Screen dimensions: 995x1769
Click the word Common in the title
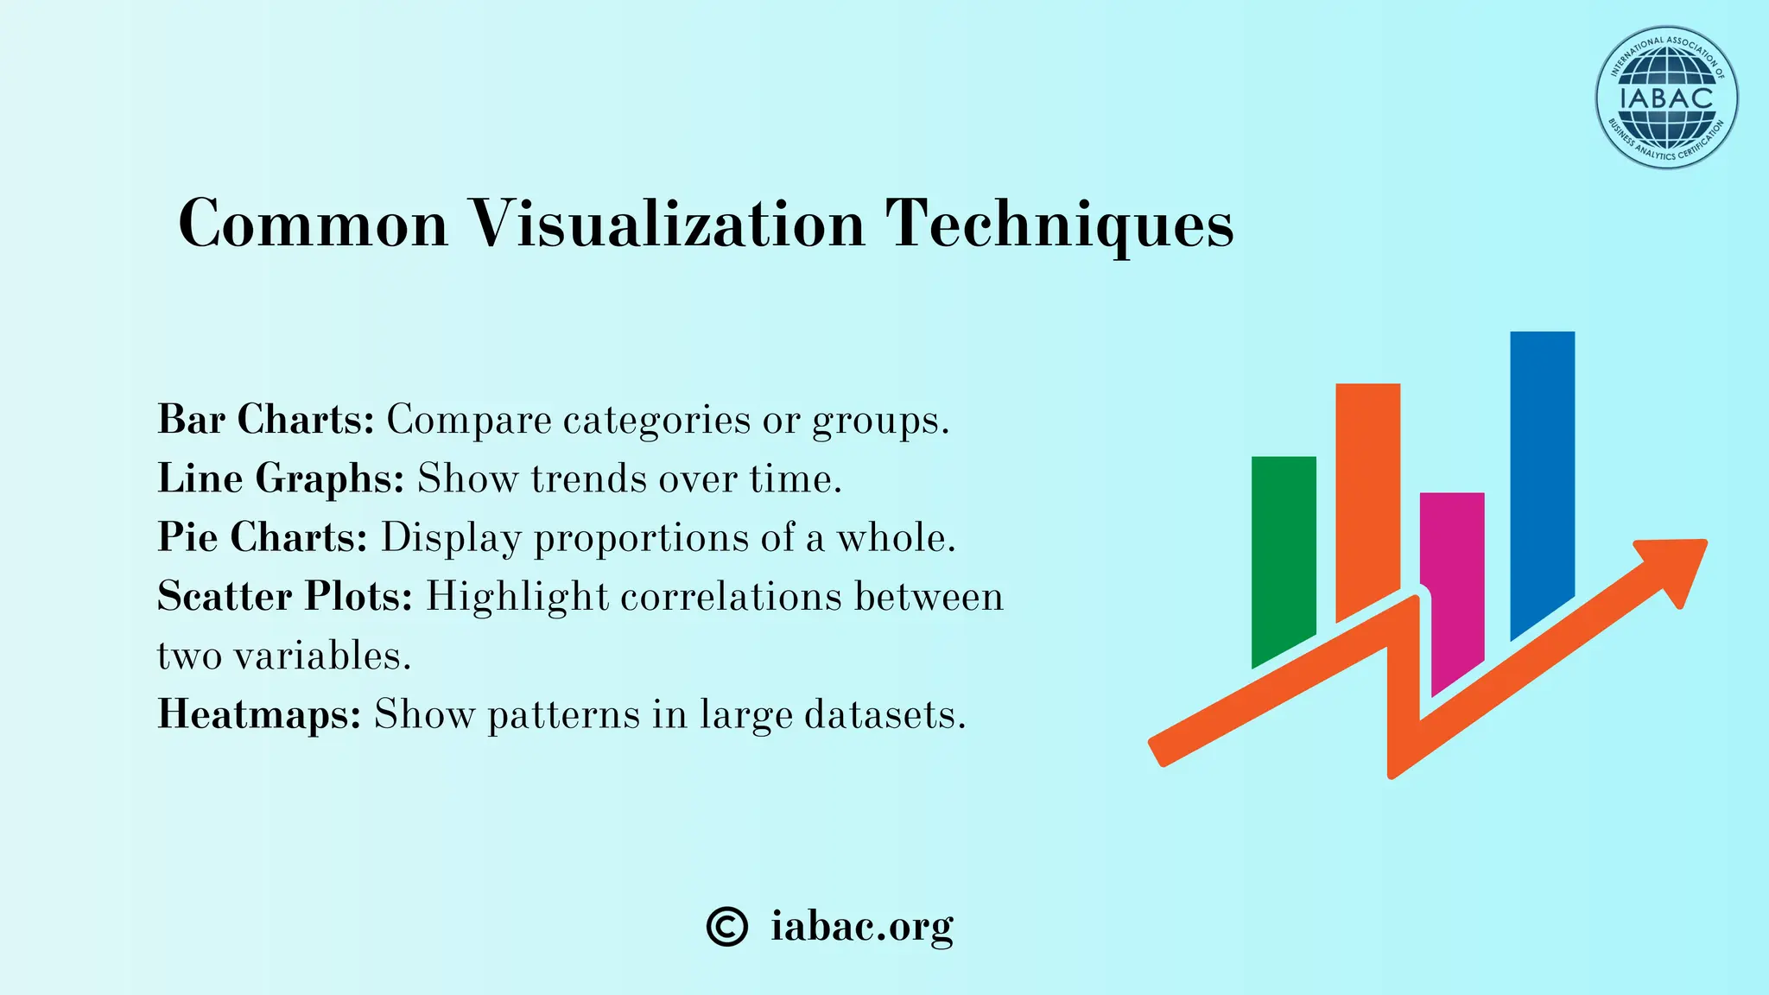tap(313, 224)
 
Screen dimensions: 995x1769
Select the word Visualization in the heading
tap(667, 224)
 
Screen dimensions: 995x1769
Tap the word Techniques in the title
tap(1060, 224)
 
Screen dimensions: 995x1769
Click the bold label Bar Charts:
tap(265, 420)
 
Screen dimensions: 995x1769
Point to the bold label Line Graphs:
tap(281, 478)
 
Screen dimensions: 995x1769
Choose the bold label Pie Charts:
tap(263, 537)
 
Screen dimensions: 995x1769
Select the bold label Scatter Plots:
tap(285, 596)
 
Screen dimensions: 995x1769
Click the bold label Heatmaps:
tap(259, 714)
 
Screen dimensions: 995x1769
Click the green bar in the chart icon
tap(1284, 553)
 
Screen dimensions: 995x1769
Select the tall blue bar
tap(1542, 466)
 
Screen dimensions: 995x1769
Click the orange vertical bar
tap(1367, 492)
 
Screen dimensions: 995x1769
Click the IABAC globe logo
tap(1666, 98)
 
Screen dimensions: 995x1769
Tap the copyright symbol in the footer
tap(726, 927)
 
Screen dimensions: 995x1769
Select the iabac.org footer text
tap(862, 927)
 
